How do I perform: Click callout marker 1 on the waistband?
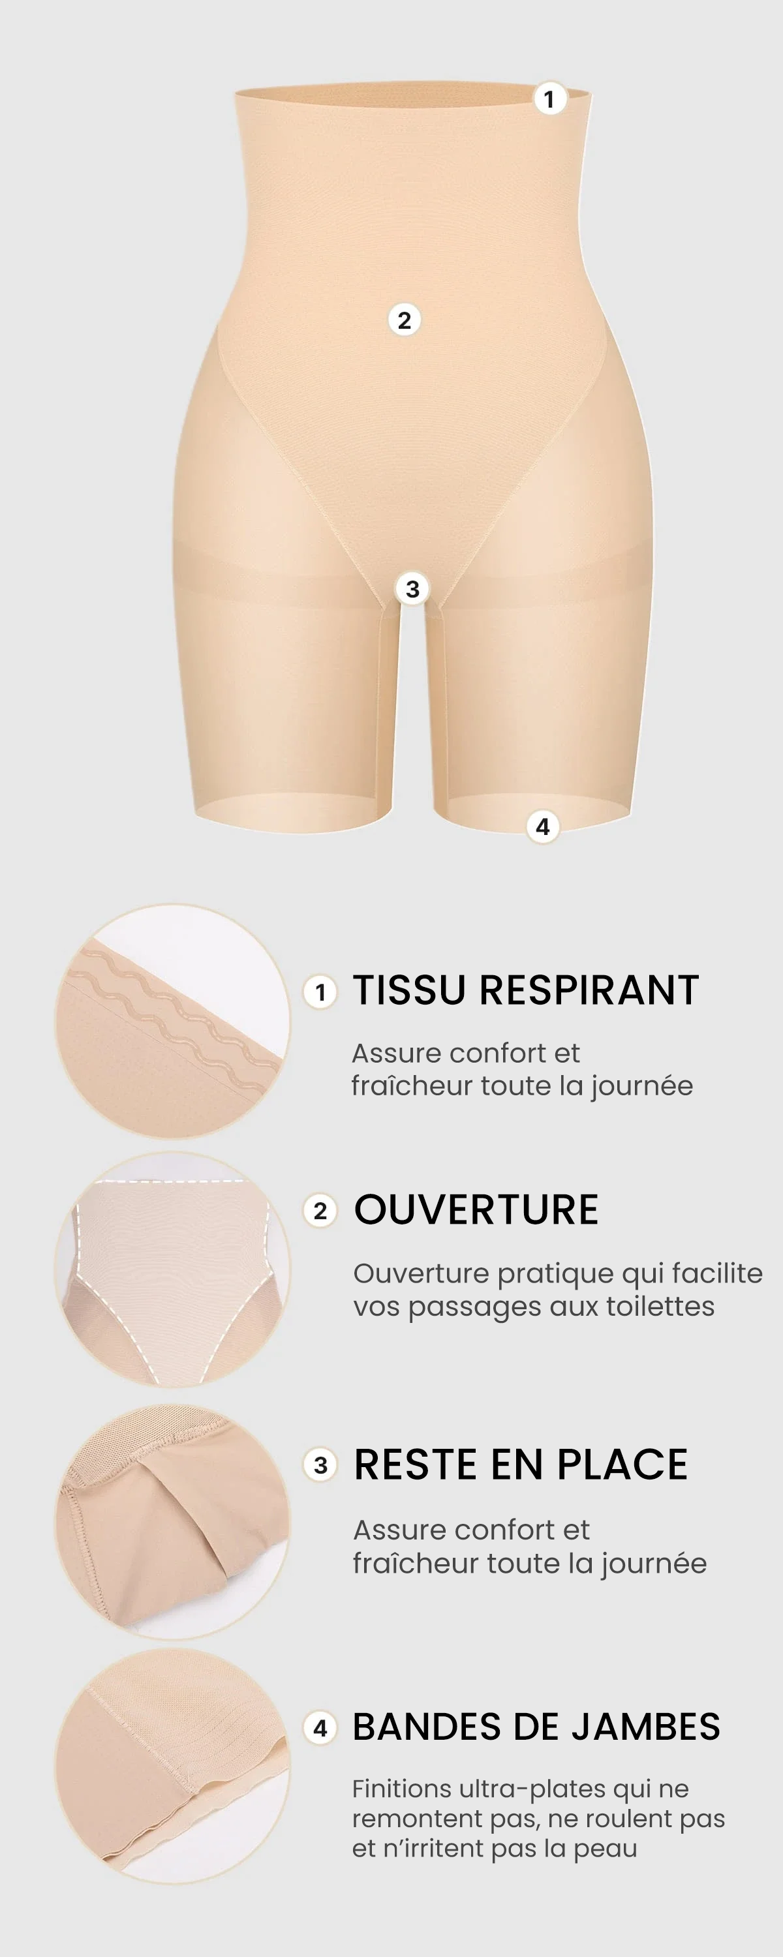click(x=549, y=99)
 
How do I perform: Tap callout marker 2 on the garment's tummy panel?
click(x=405, y=320)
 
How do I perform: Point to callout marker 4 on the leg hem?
click(x=543, y=826)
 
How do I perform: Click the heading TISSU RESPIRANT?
click(x=525, y=991)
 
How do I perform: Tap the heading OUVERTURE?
click(x=476, y=1209)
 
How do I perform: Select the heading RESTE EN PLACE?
click(x=521, y=1464)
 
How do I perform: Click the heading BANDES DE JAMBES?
click(x=536, y=1726)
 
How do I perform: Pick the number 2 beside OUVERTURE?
click(x=320, y=1210)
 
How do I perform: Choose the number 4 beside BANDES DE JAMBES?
click(x=320, y=1728)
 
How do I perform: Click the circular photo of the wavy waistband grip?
click(x=172, y=1021)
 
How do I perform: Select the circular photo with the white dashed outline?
click(x=172, y=1269)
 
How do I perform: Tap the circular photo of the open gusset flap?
click(x=172, y=1522)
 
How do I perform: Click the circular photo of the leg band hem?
click(x=172, y=1767)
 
